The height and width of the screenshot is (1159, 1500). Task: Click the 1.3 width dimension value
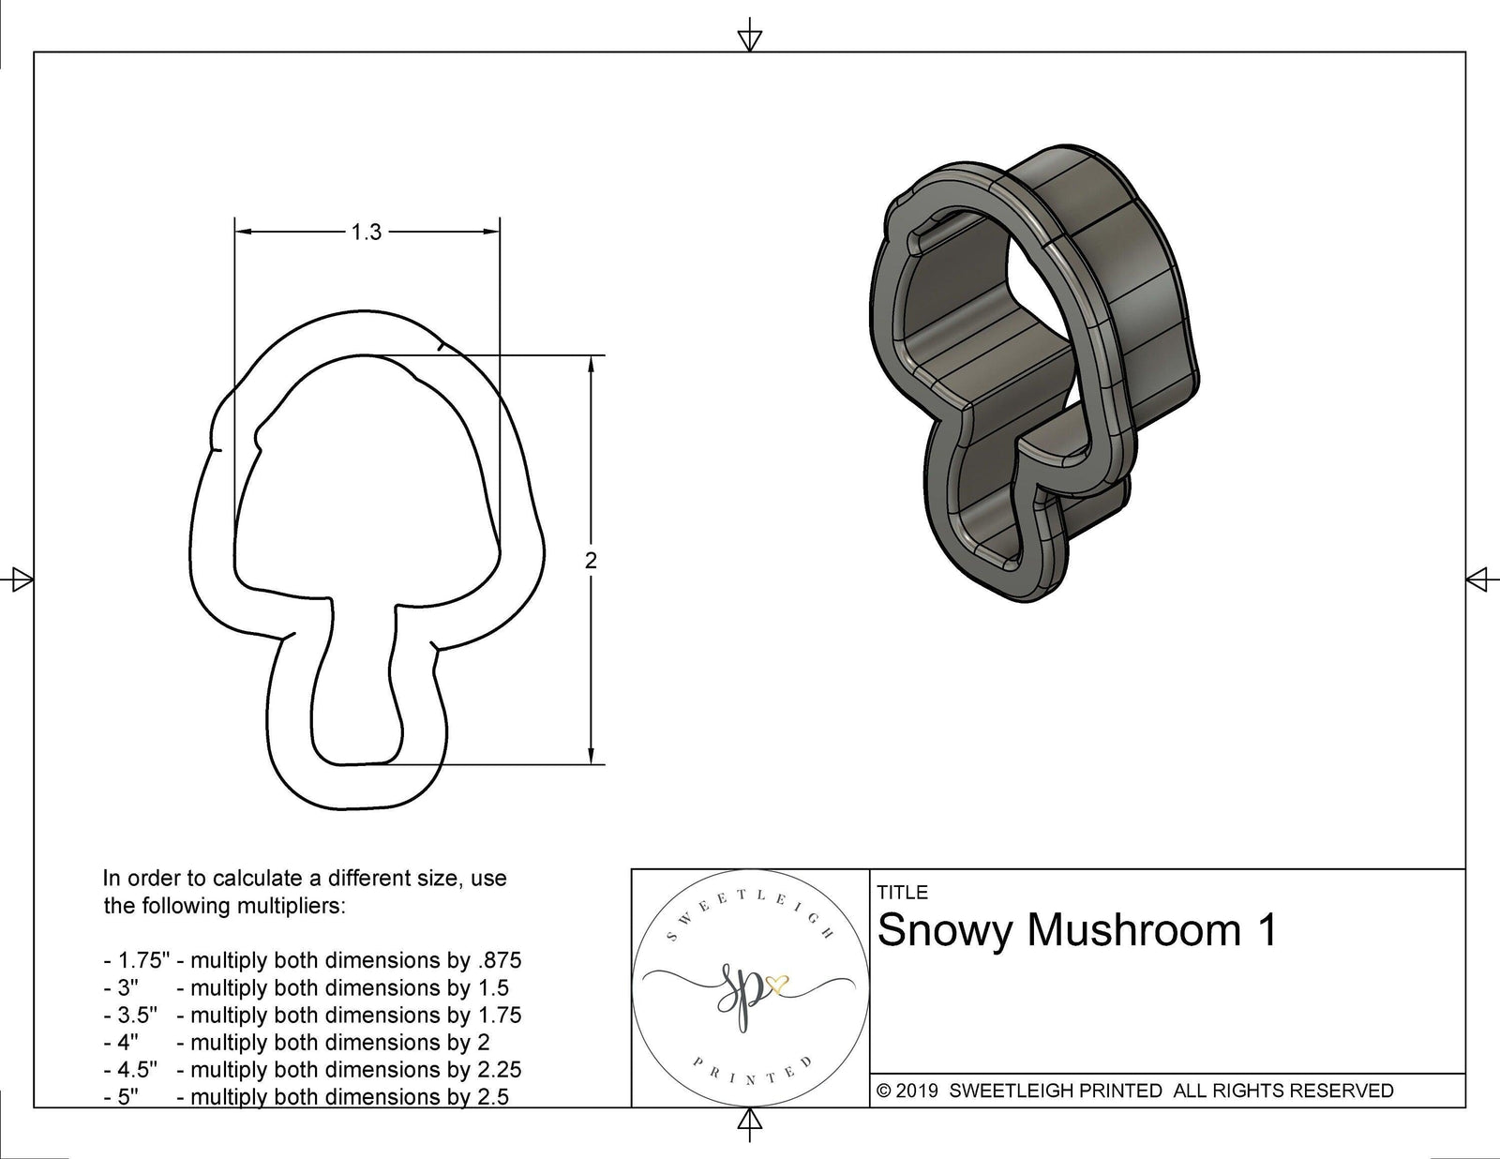pos(367,232)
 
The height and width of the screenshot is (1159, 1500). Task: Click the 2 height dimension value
pos(590,561)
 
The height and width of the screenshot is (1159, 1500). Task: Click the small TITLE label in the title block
pos(902,892)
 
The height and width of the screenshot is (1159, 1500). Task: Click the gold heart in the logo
pos(777,985)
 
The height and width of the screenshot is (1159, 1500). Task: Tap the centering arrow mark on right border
pos(1477,579)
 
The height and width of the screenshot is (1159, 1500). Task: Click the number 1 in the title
pos(1265,930)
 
